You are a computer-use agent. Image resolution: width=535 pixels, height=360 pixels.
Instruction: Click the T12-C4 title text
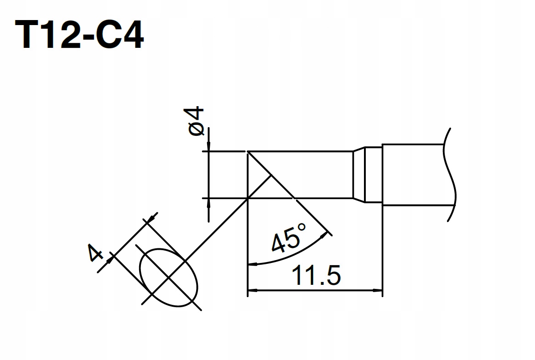[79, 34]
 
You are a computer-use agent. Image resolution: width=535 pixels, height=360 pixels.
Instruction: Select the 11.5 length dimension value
[316, 275]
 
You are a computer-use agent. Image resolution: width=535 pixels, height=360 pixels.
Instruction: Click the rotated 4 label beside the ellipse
[95, 252]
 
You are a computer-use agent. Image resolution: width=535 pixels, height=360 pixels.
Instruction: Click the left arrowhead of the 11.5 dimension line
[253, 290]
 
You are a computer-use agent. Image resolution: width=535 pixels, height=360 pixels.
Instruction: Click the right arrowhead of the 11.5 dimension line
[377, 290]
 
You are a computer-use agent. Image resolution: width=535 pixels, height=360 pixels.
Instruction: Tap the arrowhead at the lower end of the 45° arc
[253, 263]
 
